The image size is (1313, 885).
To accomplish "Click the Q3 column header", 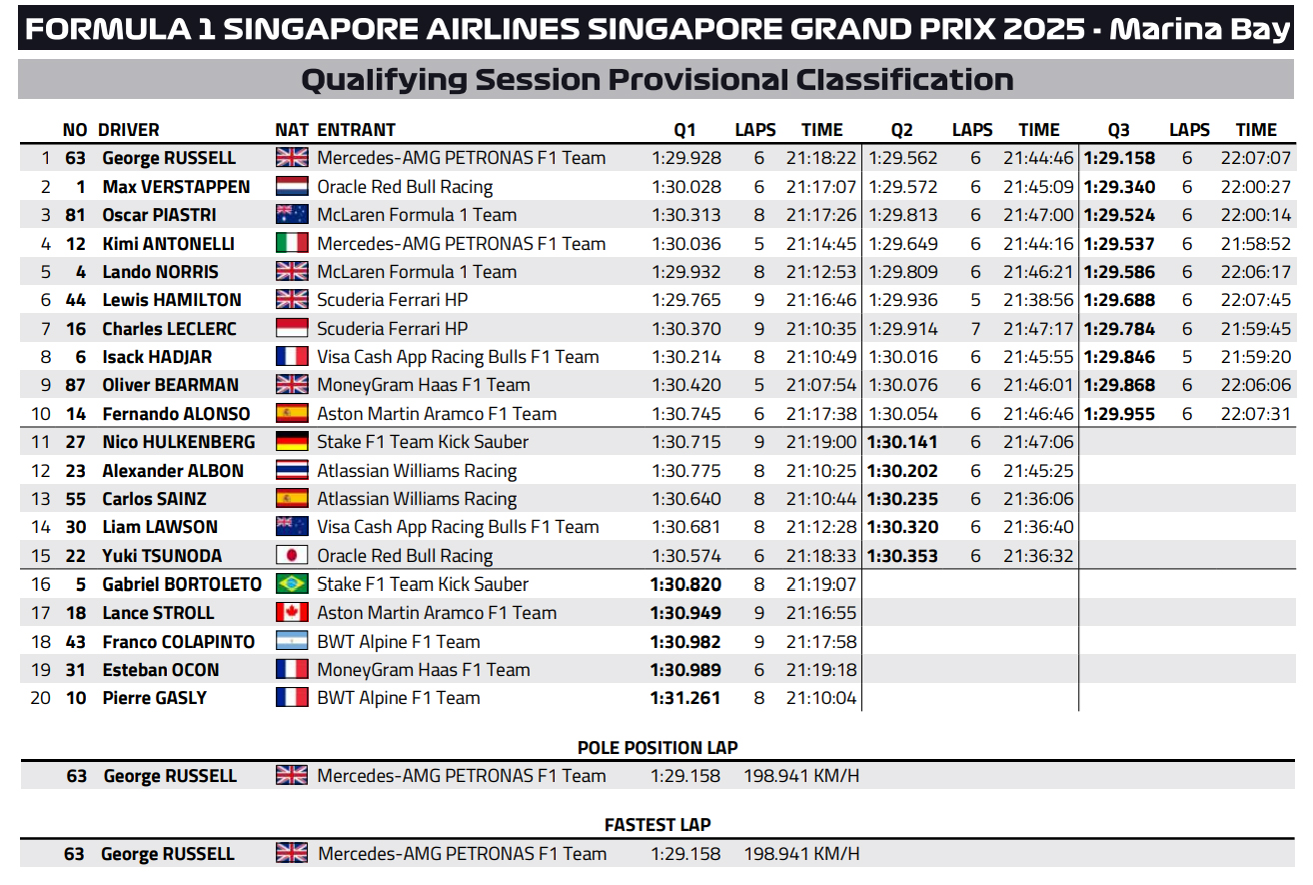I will tap(1118, 129).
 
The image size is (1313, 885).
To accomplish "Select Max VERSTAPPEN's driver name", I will tap(176, 187).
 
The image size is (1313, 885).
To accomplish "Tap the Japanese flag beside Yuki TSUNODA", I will tap(292, 556).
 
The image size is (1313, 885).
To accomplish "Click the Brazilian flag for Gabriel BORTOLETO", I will tap(292, 584).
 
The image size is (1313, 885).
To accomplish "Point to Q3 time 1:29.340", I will tap(1119, 187).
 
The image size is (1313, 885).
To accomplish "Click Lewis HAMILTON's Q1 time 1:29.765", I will tap(684, 300).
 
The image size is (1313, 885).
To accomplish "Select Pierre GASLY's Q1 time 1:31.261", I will tap(684, 698).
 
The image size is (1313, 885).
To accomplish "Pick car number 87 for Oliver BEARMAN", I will tap(76, 385).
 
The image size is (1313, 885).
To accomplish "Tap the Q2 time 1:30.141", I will tap(902, 442).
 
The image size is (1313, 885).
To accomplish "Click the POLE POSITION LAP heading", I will tap(657, 748).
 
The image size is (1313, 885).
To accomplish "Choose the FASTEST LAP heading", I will tap(657, 825).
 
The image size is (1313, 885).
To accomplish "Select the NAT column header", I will tap(292, 129).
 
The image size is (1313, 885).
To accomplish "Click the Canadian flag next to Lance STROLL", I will tap(292, 613).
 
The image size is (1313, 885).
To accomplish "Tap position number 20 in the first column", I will tap(40, 698).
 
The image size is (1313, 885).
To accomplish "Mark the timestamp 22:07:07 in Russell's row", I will tap(1255, 158).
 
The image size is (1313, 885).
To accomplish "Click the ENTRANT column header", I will tap(356, 129).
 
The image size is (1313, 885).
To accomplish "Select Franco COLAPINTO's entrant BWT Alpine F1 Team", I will tap(398, 642).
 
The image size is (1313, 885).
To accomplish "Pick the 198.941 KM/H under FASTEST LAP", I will tap(801, 854).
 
